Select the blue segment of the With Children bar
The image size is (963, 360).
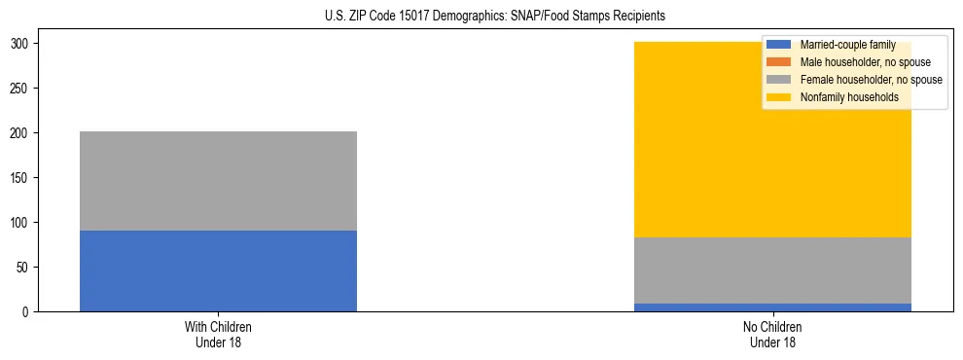[x=218, y=270]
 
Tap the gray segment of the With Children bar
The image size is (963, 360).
[x=218, y=181]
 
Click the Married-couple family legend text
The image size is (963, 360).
[x=847, y=45]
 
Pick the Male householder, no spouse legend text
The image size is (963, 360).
[x=865, y=62]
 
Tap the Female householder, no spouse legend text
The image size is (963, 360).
[x=871, y=80]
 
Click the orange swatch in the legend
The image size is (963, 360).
[x=779, y=62]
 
